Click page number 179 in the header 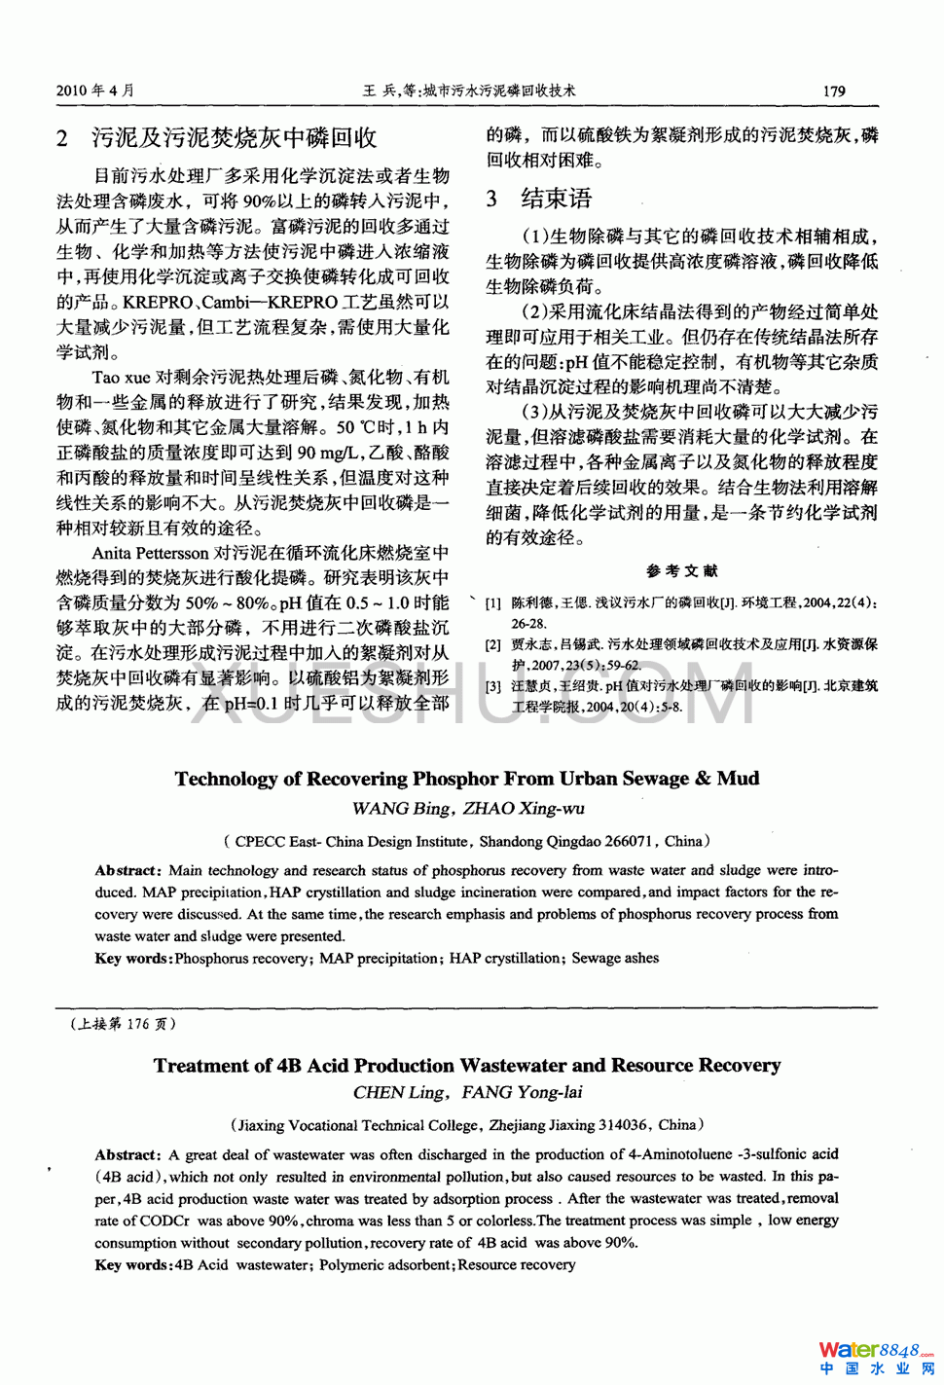[x=834, y=91]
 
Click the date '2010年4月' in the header [x=95, y=91]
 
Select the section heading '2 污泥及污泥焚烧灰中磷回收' [x=216, y=138]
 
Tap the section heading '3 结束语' [x=539, y=199]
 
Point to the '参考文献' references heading [x=681, y=571]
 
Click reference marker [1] [x=493, y=603]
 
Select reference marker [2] [x=493, y=644]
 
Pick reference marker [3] [x=493, y=686]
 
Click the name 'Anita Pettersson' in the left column [x=151, y=554]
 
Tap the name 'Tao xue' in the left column [x=121, y=378]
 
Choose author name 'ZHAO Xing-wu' [x=524, y=809]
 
